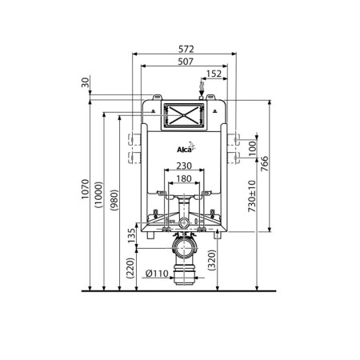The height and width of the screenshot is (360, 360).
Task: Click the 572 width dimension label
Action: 186,49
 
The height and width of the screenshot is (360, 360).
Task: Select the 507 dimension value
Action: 186,62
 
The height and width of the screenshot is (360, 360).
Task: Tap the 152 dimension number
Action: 214,74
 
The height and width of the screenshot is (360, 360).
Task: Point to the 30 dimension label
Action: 86,82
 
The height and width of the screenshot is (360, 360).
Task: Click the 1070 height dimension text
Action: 85,189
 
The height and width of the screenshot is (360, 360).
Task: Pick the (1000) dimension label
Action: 98,194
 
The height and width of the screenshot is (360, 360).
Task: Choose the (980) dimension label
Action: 114,200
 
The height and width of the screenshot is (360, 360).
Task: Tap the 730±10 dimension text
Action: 252,196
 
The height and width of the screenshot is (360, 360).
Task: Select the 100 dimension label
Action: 252,149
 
